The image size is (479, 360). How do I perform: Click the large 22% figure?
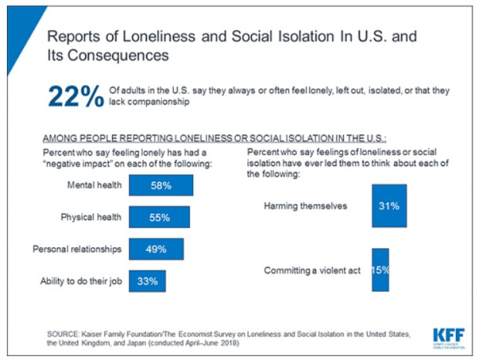[75, 97]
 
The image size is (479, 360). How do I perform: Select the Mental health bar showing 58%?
[161, 185]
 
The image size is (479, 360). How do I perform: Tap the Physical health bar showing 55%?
[159, 217]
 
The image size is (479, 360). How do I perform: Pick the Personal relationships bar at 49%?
[156, 249]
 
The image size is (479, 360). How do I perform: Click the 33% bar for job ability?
[147, 280]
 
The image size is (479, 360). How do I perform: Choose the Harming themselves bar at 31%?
[389, 206]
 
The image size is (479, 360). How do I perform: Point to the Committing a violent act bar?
[380, 270]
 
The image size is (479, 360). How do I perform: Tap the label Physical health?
[91, 217]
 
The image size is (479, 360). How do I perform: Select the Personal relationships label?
[77, 249]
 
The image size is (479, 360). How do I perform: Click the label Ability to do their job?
[80, 280]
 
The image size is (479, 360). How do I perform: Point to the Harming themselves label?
[307, 206]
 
